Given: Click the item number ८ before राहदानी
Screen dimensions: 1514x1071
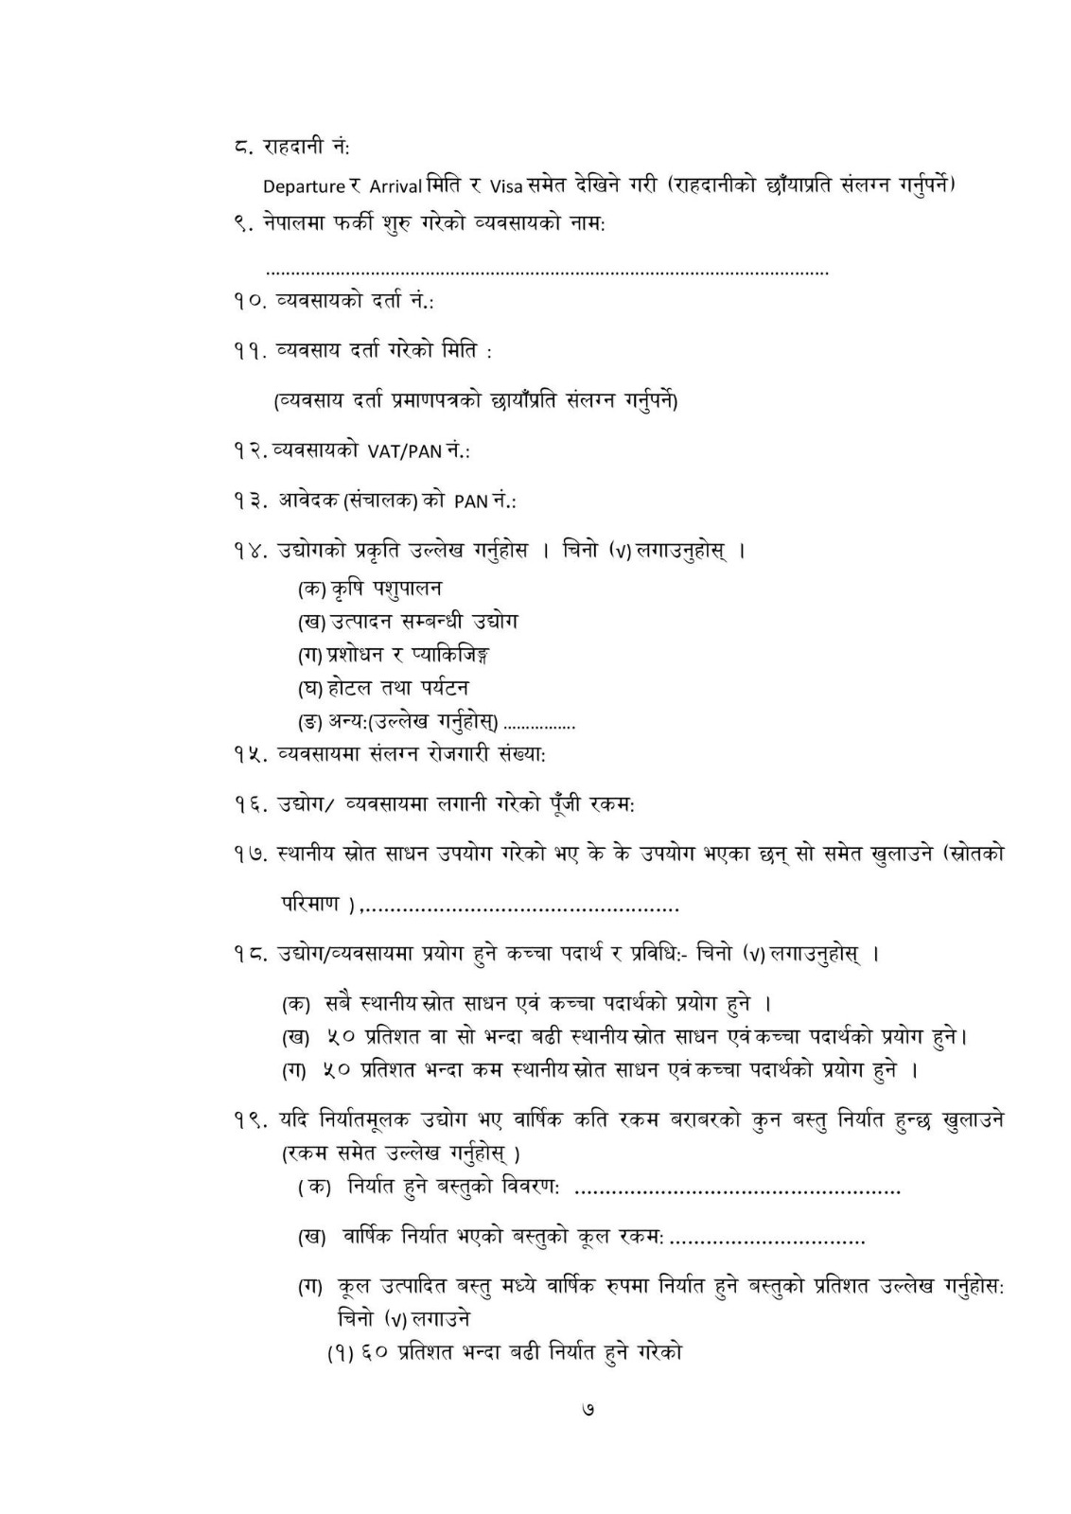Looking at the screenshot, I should [242, 147].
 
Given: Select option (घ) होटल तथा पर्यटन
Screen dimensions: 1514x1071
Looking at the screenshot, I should [383, 687].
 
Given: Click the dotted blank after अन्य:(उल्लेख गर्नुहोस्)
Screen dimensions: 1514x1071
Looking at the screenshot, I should [539, 726].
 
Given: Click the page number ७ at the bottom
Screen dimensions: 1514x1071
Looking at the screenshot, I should [588, 1410].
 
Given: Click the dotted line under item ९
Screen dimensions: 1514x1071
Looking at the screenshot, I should [547, 273].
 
